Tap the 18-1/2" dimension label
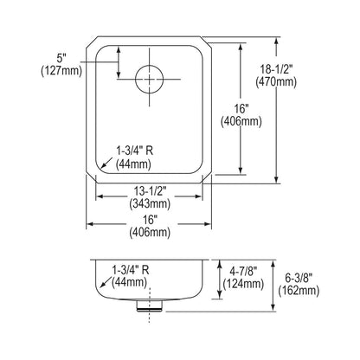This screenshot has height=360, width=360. tap(276, 70)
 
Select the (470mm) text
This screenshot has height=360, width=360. tap(276, 82)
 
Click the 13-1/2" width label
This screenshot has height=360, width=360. tap(150, 191)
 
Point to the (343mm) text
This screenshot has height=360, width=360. tap(150, 203)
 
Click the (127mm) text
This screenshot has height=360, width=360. tap(61, 71)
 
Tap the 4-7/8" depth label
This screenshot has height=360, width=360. tap(243, 271)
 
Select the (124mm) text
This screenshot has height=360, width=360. tap(243, 284)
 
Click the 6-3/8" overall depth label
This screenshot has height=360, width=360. tap(299, 278)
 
